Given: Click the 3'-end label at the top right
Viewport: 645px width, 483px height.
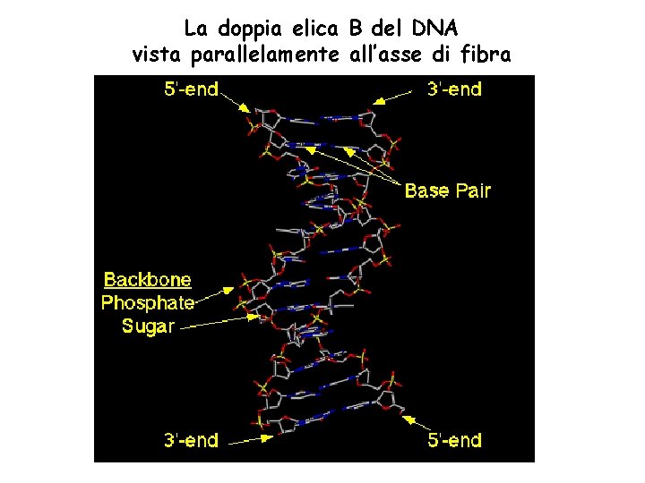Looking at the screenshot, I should pos(453,89).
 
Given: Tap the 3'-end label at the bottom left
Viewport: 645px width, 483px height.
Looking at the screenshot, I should pos(191,439).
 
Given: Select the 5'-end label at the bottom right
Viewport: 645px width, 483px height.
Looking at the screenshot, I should pos(453,439).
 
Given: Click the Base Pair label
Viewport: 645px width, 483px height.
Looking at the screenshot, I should pos(448,191).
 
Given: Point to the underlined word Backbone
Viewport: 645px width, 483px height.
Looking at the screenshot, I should pos(148,279).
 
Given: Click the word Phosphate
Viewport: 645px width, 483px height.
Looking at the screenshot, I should pos(148,302).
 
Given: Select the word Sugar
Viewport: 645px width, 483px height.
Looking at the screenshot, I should pos(148,326).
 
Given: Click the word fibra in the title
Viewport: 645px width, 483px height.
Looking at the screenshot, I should pos(484,55).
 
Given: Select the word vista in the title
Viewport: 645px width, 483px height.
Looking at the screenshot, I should pos(156,55).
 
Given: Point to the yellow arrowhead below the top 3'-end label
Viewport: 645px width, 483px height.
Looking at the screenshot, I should pos(379,102).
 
